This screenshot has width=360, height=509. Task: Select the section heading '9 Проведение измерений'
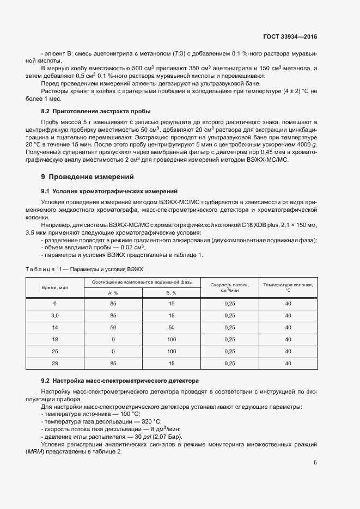tap(87, 177)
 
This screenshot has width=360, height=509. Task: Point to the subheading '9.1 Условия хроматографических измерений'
tap(109, 191)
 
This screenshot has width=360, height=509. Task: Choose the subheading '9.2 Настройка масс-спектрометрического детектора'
tap(120, 379)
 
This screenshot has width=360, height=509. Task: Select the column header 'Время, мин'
tap(54, 287)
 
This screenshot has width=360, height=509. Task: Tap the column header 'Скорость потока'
tap(229, 287)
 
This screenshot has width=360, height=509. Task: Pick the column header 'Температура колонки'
tap(288, 287)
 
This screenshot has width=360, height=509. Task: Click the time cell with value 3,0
tap(54, 315)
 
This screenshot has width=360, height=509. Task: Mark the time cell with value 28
tap(54, 363)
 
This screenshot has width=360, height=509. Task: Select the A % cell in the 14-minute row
tap(113, 327)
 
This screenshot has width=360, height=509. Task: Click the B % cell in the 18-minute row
tap(171, 339)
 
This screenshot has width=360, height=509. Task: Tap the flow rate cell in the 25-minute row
tap(229, 351)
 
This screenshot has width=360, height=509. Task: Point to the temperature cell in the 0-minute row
tap(288, 303)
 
